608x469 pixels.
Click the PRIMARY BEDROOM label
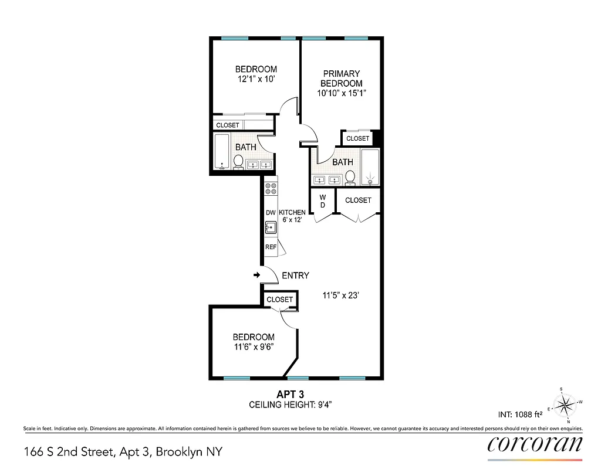click(x=341, y=79)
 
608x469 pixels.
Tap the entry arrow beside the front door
click(x=256, y=275)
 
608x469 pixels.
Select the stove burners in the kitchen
click(x=271, y=189)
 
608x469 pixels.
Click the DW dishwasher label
click(x=271, y=212)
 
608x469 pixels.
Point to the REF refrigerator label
click(x=271, y=247)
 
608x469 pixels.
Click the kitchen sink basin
click(x=271, y=226)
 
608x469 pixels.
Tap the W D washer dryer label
click(x=322, y=201)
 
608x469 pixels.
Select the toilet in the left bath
click(x=239, y=161)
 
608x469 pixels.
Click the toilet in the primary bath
click(x=350, y=176)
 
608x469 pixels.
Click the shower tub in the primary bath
click(x=370, y=166)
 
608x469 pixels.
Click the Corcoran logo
click(x=535, y=444)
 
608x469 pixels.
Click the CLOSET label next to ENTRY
click(x=279, y=300)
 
